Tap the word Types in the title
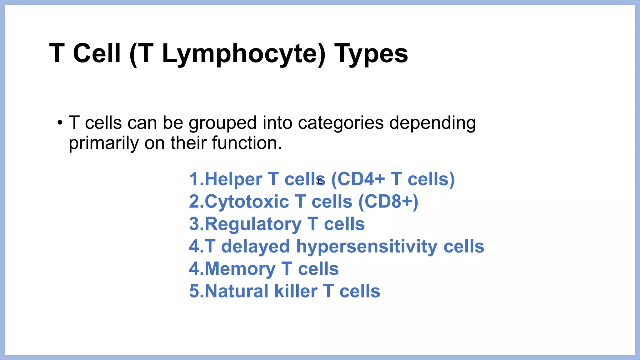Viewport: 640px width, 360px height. point(371,54)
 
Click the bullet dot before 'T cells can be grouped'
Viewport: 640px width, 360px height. point(60,123)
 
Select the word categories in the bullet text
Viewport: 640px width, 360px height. point(341,123)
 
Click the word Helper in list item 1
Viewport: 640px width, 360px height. point(233,179)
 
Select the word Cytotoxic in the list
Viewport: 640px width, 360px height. point(247,202)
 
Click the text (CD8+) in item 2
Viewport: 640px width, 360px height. point(388,202)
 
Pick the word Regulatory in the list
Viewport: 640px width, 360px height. point(253,224)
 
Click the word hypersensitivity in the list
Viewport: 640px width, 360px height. point(367,247)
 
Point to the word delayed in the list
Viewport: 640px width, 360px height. point(256,247)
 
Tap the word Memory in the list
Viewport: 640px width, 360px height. point(240,269)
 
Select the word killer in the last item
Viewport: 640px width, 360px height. point(296,291)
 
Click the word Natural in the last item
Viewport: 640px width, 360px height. point(236,291)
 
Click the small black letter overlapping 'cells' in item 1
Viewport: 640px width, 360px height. point(320,181)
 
